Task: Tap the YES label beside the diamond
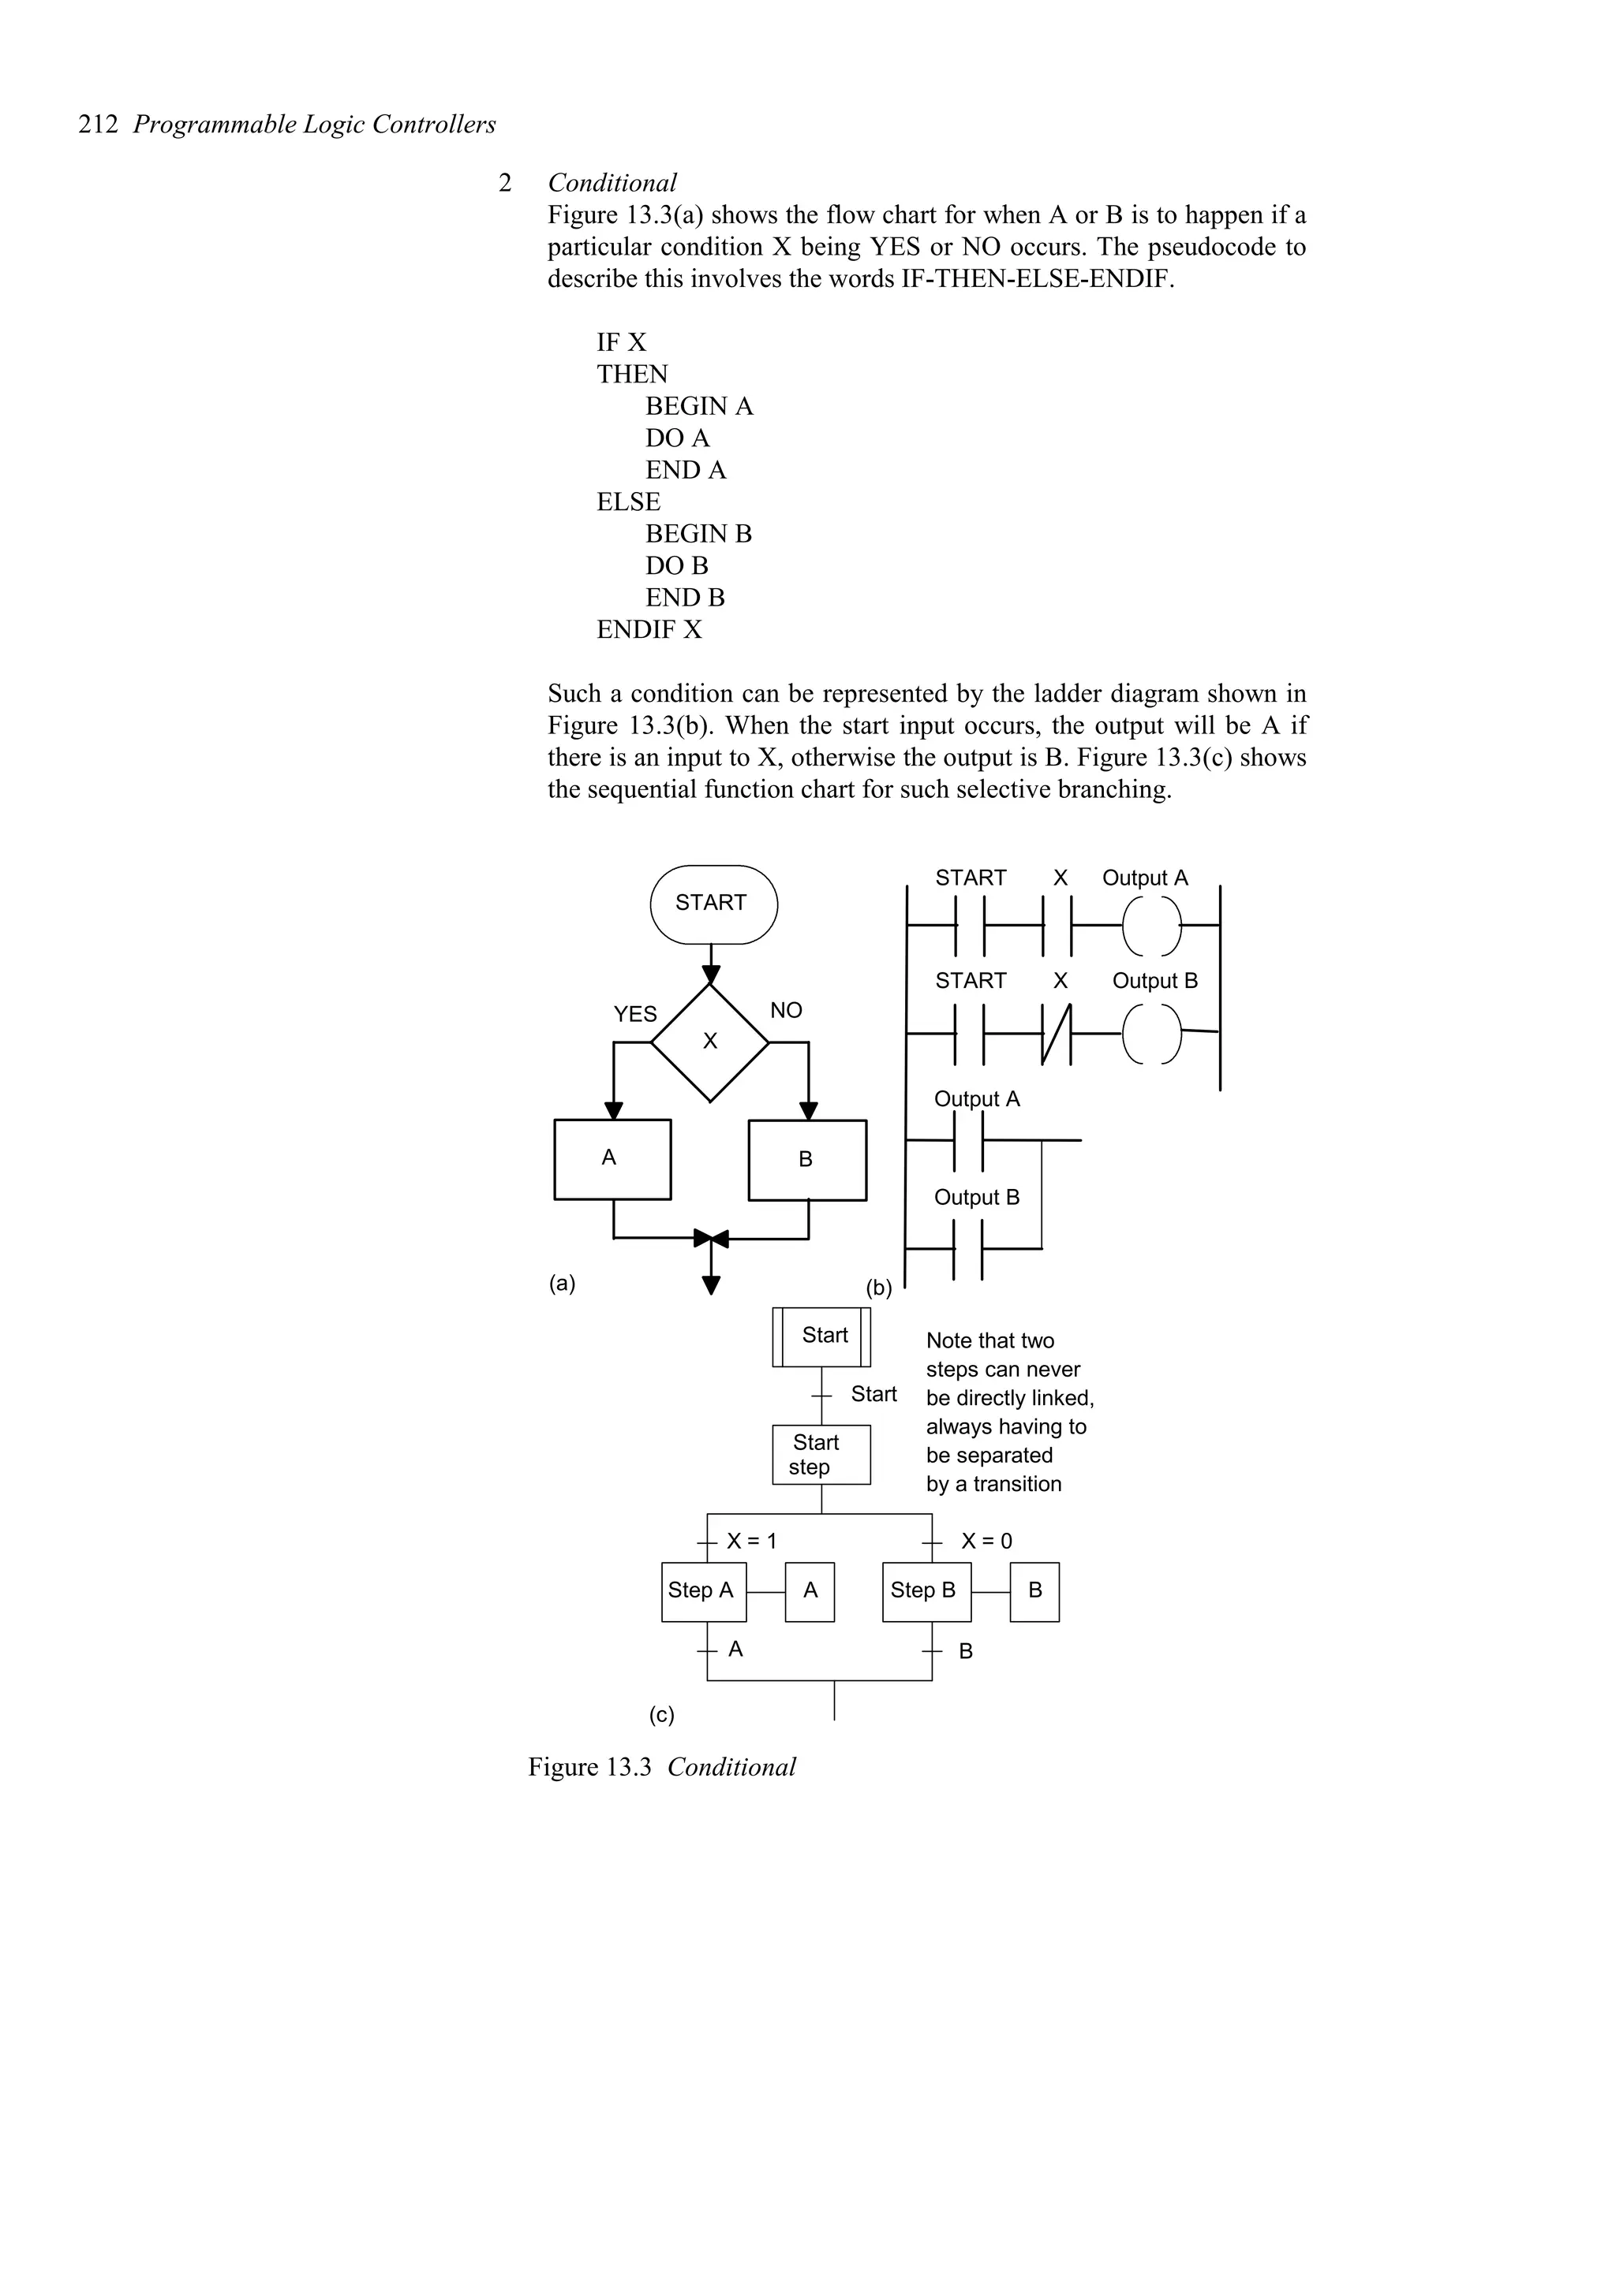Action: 635,1014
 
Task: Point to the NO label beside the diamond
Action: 786,1011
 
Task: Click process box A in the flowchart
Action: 612,1158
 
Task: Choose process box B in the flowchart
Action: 806,1159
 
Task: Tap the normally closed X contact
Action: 1057,1033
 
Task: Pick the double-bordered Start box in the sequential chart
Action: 821,1336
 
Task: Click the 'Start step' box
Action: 821,1454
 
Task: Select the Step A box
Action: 703,1590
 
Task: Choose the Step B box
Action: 926,1590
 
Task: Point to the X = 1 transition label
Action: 752,1541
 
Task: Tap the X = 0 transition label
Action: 986,1541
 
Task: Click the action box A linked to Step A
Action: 810,1590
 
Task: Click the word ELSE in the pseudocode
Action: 628,502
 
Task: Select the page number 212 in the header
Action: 99,125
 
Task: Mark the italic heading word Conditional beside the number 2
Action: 612,183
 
